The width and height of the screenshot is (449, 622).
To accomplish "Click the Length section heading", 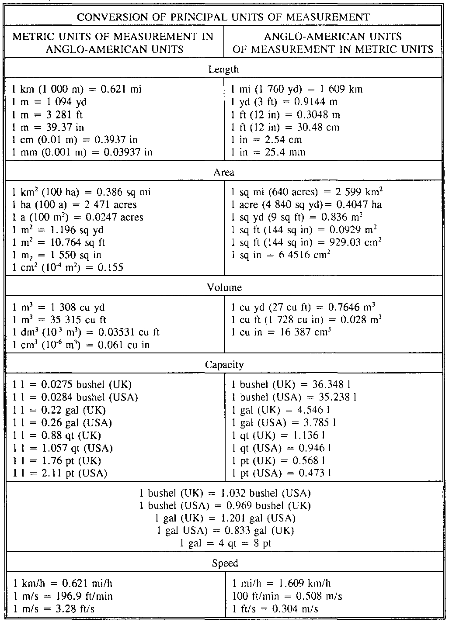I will pyautogui.click(x=223, y=69).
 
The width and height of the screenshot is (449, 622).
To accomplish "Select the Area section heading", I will pyautogui.click(x=224, y=172).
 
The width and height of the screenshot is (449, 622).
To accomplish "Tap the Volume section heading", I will pyautogui.click(x=224, y=287).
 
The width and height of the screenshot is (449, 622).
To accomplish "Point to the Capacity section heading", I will pyautogui.click(x=224, y=364).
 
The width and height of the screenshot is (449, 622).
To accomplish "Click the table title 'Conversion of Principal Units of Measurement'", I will pyautogui.click(x=223, y=17).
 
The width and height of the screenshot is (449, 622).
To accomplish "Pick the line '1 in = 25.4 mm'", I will pyautogui.click(x=268, y=152).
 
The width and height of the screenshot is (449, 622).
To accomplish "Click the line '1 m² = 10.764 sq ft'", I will pyautogui.click(x=59, y=242).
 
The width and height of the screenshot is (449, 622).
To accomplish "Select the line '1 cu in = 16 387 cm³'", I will pyautogui.click(x=281, y=332).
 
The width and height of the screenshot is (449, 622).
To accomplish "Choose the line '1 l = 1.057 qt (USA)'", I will pyautogui.click(x=63, y=448).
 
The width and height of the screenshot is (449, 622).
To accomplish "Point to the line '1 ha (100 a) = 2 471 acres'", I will pyautogui.click(x=74, y=204).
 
